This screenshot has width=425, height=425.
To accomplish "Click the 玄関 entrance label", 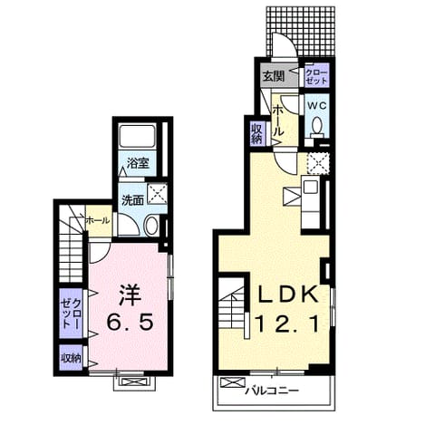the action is (x=274, y=76).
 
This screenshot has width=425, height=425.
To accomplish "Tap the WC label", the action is (x=317, y=106).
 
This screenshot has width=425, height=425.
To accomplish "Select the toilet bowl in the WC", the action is (x=317, y=125).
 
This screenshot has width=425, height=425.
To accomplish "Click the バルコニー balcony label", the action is (x=272, y=391).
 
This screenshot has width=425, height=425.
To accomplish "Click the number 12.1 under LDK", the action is (x=287, y=323).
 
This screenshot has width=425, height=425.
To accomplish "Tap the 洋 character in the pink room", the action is (x=130, y=295).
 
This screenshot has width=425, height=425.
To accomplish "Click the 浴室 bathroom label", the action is (x=138, y=163).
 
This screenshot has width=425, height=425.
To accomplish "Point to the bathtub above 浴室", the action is (x=138, y=135).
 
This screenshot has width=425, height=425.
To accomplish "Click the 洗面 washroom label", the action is (x=132, y=200).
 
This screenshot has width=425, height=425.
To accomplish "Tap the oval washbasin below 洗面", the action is (x=151, y=226).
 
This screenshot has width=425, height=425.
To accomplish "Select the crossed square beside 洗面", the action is (x=157, y=194).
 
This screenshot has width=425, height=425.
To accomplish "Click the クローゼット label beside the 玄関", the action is (x=316, y=77).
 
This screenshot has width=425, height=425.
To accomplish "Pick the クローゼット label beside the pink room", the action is (x=71, y=313).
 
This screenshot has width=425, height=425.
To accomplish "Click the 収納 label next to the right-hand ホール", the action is (x=257, y=133).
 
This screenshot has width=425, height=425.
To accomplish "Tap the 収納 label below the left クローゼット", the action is (x=71, y=358).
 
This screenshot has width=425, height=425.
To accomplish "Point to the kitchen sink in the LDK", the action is (x=311, y=187).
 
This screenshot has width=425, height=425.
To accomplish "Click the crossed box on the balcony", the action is (x=232, y=382).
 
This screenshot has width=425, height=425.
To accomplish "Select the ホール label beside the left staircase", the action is (x=97, y=220).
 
